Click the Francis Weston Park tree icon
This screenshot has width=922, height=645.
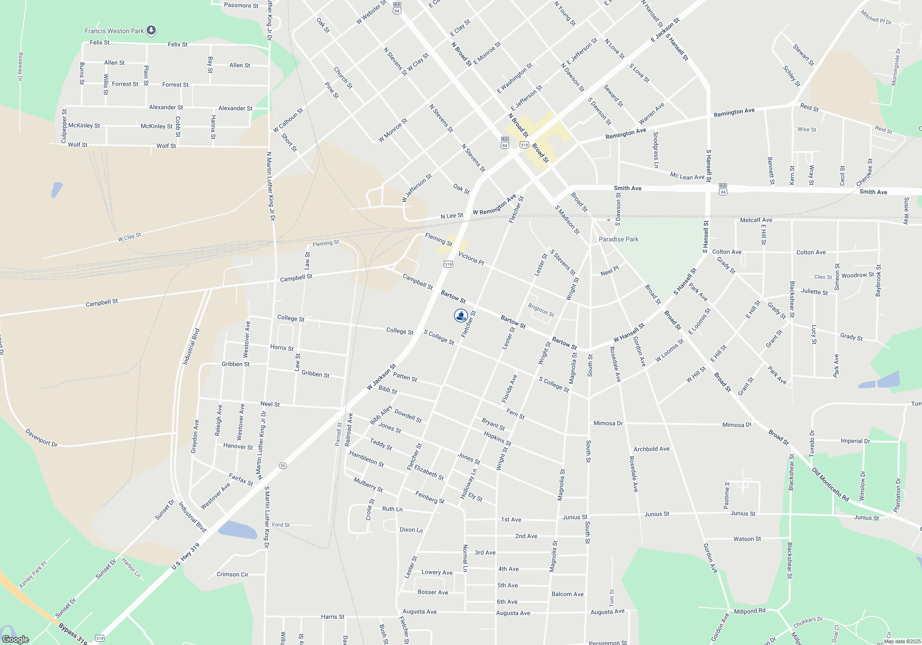pos(151,30)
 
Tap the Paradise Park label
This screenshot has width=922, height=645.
pos(619,239)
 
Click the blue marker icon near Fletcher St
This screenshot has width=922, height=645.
pos(461,316)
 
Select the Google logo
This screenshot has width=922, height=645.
pos(16,639)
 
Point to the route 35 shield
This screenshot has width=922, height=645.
pos(283,466)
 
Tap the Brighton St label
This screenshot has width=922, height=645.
pos(541,310)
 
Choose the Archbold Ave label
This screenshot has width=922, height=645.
pos(651,449)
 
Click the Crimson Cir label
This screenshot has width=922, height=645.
pos(232,575)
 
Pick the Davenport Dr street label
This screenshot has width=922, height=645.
pos(41,438)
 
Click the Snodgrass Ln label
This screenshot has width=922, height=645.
pos(656,150)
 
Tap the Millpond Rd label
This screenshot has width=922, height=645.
pos(750,611)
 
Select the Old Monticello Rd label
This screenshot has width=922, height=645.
pos(830,485)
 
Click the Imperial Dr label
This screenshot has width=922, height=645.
pos(855,441)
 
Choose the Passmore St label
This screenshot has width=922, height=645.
pos(241,6)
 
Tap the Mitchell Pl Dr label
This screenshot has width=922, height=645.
pos(876,18)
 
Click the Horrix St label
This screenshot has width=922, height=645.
pos(282,347)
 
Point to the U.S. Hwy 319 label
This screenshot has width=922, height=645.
pos(185,556)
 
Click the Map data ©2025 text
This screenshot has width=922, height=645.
pos(902,641)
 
